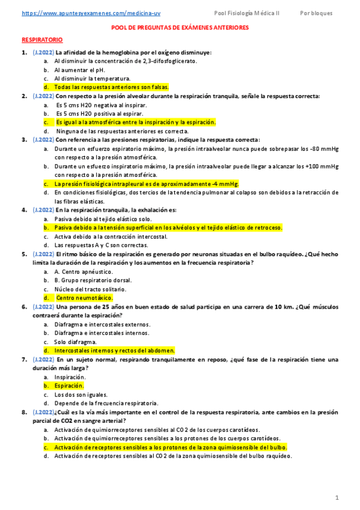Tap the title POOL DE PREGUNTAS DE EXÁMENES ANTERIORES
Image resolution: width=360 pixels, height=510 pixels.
[180, 28]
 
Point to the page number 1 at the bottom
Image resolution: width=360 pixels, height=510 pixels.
[337, 497]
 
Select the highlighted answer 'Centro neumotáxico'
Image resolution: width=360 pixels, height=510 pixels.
[84, 298]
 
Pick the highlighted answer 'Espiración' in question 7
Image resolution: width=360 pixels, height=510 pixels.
[69, 386]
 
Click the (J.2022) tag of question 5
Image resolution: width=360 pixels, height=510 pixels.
[43, 254]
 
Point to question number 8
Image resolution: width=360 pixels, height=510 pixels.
[24, 412]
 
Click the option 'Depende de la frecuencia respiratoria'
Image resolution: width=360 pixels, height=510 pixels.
[106, 403]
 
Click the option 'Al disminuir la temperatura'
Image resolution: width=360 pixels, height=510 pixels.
[92, 79]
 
